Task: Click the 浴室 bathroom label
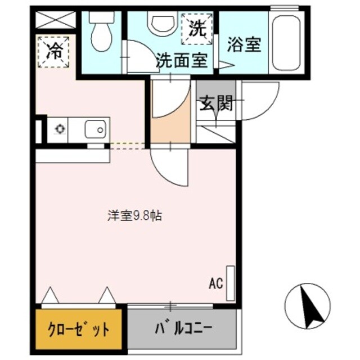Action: pyautogui.click(x=245, y=46)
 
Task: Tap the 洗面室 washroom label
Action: pyautogui.click(x=182, y=60)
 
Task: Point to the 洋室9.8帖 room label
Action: pyautogui.click(x=135, y=215)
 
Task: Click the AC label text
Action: pyautogui.click(x=215, y=282)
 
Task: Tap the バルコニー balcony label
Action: pyautogui.click(x=180, y=328)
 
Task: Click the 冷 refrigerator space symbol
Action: pyautogui.click(x=53, y=51)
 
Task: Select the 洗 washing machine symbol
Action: pyautogui.click(x=196, y=29)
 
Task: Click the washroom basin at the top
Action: pyautogui.click(x=159, y=22)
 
